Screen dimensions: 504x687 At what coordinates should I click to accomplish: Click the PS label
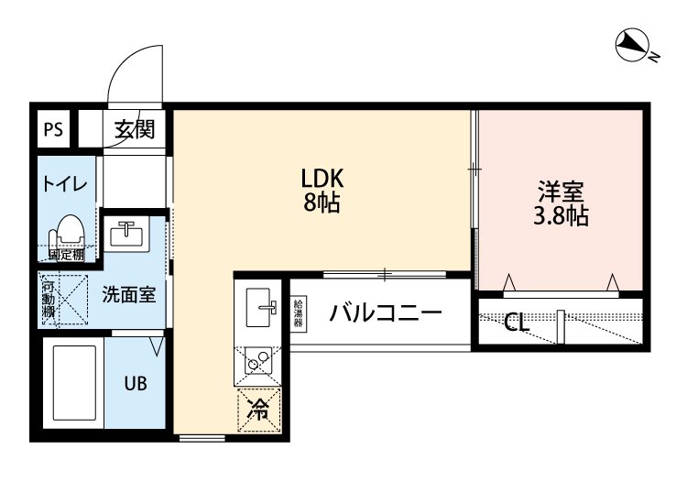click(x=53, y=129)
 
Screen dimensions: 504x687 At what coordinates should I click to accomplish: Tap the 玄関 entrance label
click(x=134, y=129)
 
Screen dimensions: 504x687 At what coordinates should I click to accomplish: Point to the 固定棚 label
click(x=66, y=255)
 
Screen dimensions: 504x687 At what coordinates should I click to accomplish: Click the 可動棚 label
click(x=49, y=299)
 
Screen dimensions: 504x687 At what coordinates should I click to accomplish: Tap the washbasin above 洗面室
click(x=126, y=235)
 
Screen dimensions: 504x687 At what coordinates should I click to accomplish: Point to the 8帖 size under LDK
click(x=322, y=203)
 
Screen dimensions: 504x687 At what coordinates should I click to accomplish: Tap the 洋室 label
click(x=561, y=192)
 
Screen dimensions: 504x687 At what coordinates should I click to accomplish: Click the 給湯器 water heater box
click(x=299, y=313)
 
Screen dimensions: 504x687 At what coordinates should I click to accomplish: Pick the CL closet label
click(x=517, y=323)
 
